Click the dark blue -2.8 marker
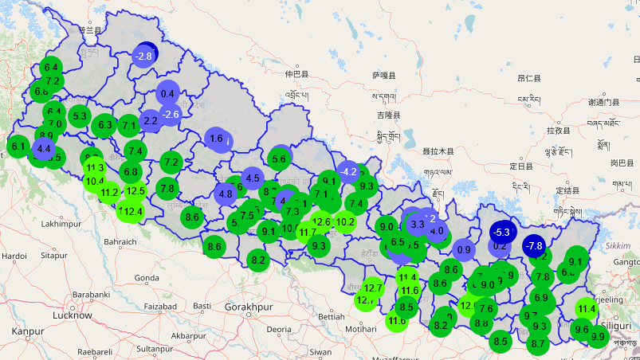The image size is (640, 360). click(x=145, y=55)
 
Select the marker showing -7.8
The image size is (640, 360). click(x=534, y=245)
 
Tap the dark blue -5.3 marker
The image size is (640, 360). click(x=501, y=233)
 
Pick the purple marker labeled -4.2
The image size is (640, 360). click(x=348, y=171)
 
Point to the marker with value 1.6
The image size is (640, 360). click(x=216, y=139)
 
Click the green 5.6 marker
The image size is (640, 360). click(x=279, y=158)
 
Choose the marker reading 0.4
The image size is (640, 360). click(x=167, y=93)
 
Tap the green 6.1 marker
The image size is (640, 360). click(x=18, y=146)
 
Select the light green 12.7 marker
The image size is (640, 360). click(x=373, y=288)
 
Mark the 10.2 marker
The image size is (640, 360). click(x=345, y=221)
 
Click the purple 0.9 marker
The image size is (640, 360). click(x=464, y=248)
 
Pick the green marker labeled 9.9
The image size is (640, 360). click(x=598, y=336)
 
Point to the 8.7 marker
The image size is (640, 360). click(x=537, y=343)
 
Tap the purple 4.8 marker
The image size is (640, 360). click(x=226, y=194)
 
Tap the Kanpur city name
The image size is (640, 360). click(x=26, y=330)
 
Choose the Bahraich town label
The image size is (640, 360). click(x=120, y=241)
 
